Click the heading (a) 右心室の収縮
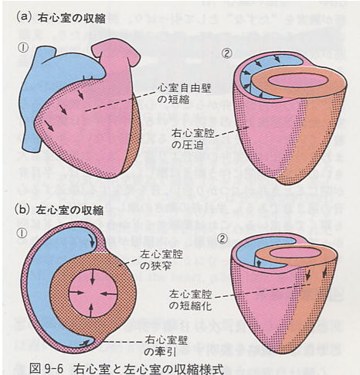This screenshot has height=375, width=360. (x=61, y=19)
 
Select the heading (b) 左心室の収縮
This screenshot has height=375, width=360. (x=59, y=210)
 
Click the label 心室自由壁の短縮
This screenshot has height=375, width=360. (x=184, y=94)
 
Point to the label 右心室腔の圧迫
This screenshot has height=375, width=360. (x=193, y=139)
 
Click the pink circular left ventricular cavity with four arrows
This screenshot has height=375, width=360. (x=93, y=294)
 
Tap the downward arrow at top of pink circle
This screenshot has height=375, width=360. (x=93, y=277)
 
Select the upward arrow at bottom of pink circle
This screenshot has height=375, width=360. (x=90, y=310)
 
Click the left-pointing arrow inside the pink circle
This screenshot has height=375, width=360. (x=107, y=293)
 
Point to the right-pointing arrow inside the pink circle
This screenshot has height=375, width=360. (x=76, y=292)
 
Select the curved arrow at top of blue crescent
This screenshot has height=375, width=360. (x=91, y=240)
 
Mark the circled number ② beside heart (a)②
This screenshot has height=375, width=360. (x=227, y=53)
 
